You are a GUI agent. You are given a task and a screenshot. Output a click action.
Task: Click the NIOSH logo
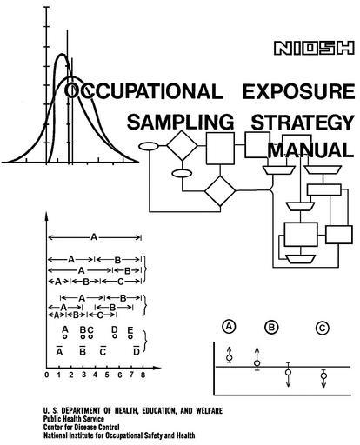click(x=314, y=48)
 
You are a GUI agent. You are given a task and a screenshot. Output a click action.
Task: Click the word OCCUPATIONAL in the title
click(x=143, y=91)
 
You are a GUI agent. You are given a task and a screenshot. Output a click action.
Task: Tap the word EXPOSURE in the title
click(x=298, y=91)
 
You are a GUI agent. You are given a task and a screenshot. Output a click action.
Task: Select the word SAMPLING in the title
click(x=180, y=122)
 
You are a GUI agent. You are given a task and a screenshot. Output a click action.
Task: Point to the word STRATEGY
click(x=303, y=123)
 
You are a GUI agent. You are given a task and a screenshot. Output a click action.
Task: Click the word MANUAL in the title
click(x=310, y=150)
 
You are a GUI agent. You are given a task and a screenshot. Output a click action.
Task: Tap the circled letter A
click(x=229, y=327)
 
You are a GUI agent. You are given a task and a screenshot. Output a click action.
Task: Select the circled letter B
click(x=271, y=327)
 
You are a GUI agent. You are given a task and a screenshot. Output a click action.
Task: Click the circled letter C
click(x=322, y=329)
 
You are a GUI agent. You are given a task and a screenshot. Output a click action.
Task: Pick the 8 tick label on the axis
click(x=143, y=375)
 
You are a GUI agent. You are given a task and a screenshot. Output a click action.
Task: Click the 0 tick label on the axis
click(x=47, y=375)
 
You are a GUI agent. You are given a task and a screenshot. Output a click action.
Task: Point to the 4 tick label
click(x=95, y=375)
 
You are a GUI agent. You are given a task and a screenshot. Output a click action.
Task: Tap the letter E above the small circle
click(x=130, y=330)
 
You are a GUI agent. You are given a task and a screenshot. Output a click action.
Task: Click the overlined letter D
click(x=137, y=351)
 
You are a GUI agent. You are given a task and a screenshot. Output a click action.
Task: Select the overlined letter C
click(x=103, y=351)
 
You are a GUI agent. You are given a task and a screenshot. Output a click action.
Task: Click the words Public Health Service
click(x=74, y=419)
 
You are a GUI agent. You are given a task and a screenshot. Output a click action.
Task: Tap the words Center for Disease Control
click(x=81, y=427)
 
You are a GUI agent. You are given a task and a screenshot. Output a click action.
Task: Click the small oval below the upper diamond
click(x=182, y=174)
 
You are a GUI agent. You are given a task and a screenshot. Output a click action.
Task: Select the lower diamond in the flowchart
click(x=220, y=191)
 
